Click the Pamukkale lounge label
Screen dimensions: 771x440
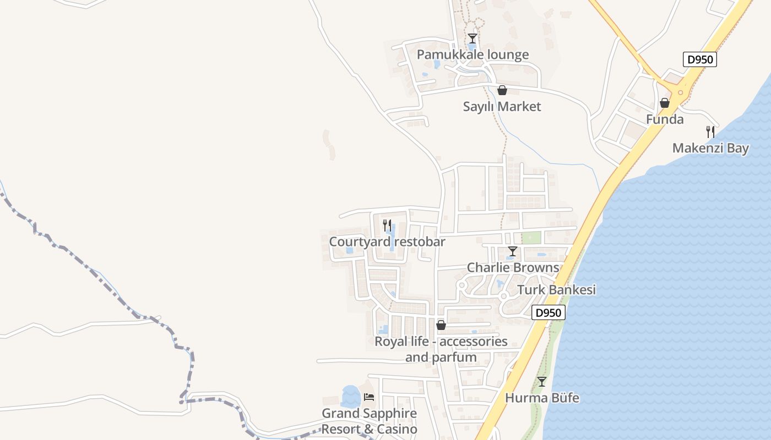coord(473,54)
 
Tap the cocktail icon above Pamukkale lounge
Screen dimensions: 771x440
coord(472,38)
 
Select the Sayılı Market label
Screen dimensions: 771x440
coord(502,106)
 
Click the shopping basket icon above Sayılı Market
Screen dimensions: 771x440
coord(502,90)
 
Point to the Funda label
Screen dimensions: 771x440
coord(665,119)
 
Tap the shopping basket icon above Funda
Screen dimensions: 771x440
coord(665,103)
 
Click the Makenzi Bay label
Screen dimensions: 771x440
coord(710,148)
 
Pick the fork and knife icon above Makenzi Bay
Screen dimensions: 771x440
coord(710,132)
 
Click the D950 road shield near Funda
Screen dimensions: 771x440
coord(700,59)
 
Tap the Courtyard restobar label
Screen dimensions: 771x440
coord(387,242)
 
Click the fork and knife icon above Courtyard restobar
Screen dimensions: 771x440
coord(387,226)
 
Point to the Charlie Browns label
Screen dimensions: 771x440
coord(513,268)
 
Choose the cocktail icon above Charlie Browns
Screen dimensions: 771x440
coord(513,252)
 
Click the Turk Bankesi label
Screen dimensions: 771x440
coord(557,290)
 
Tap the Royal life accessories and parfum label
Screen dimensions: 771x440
coord(441,349)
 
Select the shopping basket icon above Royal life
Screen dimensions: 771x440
coord(441,326)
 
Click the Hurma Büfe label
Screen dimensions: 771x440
coord(542,398)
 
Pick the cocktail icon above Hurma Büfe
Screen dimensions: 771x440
coord(542,382)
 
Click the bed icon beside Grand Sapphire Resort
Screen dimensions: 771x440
coord(369,397)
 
